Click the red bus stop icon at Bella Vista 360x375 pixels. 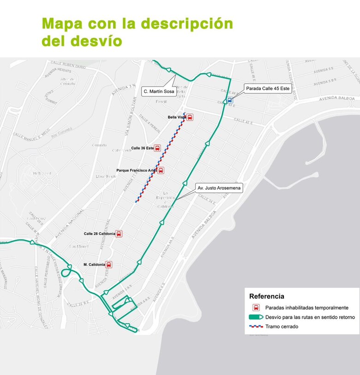[190, 117]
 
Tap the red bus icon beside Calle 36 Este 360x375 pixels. [157, 148]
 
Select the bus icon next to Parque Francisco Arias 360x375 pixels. [161, 170]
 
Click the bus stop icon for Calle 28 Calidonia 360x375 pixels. [119, 234]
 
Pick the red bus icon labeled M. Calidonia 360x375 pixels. [109, 265]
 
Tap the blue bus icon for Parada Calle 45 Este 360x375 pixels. [229, 100]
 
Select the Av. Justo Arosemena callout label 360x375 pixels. [219, 188]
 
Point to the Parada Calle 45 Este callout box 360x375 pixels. [268, 89]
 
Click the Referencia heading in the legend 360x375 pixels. [267, 296]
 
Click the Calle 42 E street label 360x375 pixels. [244, 121]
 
